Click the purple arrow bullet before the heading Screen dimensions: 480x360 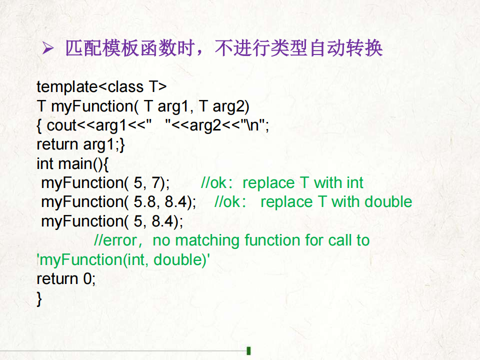(48, 48)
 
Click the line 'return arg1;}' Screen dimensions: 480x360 (81, 145)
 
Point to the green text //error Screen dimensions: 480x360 (115, 240)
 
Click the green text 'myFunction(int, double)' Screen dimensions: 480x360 (123, 260)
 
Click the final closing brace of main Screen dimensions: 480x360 (39, 299)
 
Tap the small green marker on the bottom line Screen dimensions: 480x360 (248, 351)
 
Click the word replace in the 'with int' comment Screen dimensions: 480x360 (268, 183)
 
